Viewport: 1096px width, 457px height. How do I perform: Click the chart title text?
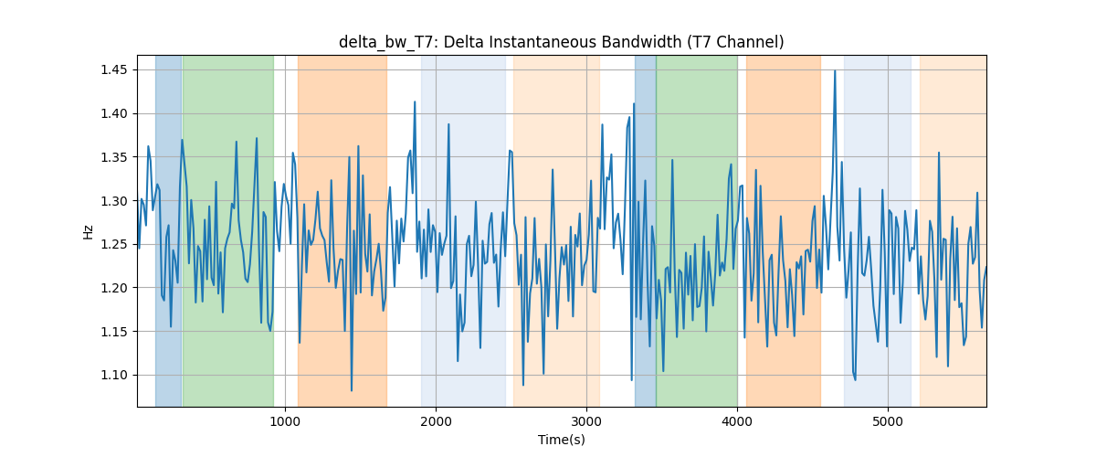[561, 42]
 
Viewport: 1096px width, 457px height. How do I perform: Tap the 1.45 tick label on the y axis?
[113, 70]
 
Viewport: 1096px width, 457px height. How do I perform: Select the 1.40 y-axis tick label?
[113, 113]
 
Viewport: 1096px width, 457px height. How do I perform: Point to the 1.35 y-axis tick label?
[113, 157]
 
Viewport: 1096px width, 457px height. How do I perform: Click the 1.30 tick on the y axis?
[113, 201]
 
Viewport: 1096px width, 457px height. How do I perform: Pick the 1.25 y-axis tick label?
[113, 244]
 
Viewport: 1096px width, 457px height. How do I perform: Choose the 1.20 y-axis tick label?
[113, 288]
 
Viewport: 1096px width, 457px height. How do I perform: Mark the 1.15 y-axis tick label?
[113, 332]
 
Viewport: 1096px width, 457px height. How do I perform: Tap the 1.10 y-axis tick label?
[113, 376]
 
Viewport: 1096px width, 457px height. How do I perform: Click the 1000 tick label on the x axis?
[285, 421]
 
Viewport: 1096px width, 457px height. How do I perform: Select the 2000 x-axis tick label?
[436, 421]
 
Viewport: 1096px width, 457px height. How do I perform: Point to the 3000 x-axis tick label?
[586, 421]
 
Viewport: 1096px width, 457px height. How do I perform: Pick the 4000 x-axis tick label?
[737, 421]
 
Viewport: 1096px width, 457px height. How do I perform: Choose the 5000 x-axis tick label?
[888, 421]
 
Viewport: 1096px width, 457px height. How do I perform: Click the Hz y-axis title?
[88, 232]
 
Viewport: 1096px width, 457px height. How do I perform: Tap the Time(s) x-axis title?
[561, 440]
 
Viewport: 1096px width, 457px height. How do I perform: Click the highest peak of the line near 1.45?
[835, 71]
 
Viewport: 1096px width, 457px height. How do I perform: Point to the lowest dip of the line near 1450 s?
[352, 390]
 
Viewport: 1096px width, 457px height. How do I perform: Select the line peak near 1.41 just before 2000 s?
[415, 101]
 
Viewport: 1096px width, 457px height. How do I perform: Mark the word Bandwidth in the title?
[641, 42]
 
